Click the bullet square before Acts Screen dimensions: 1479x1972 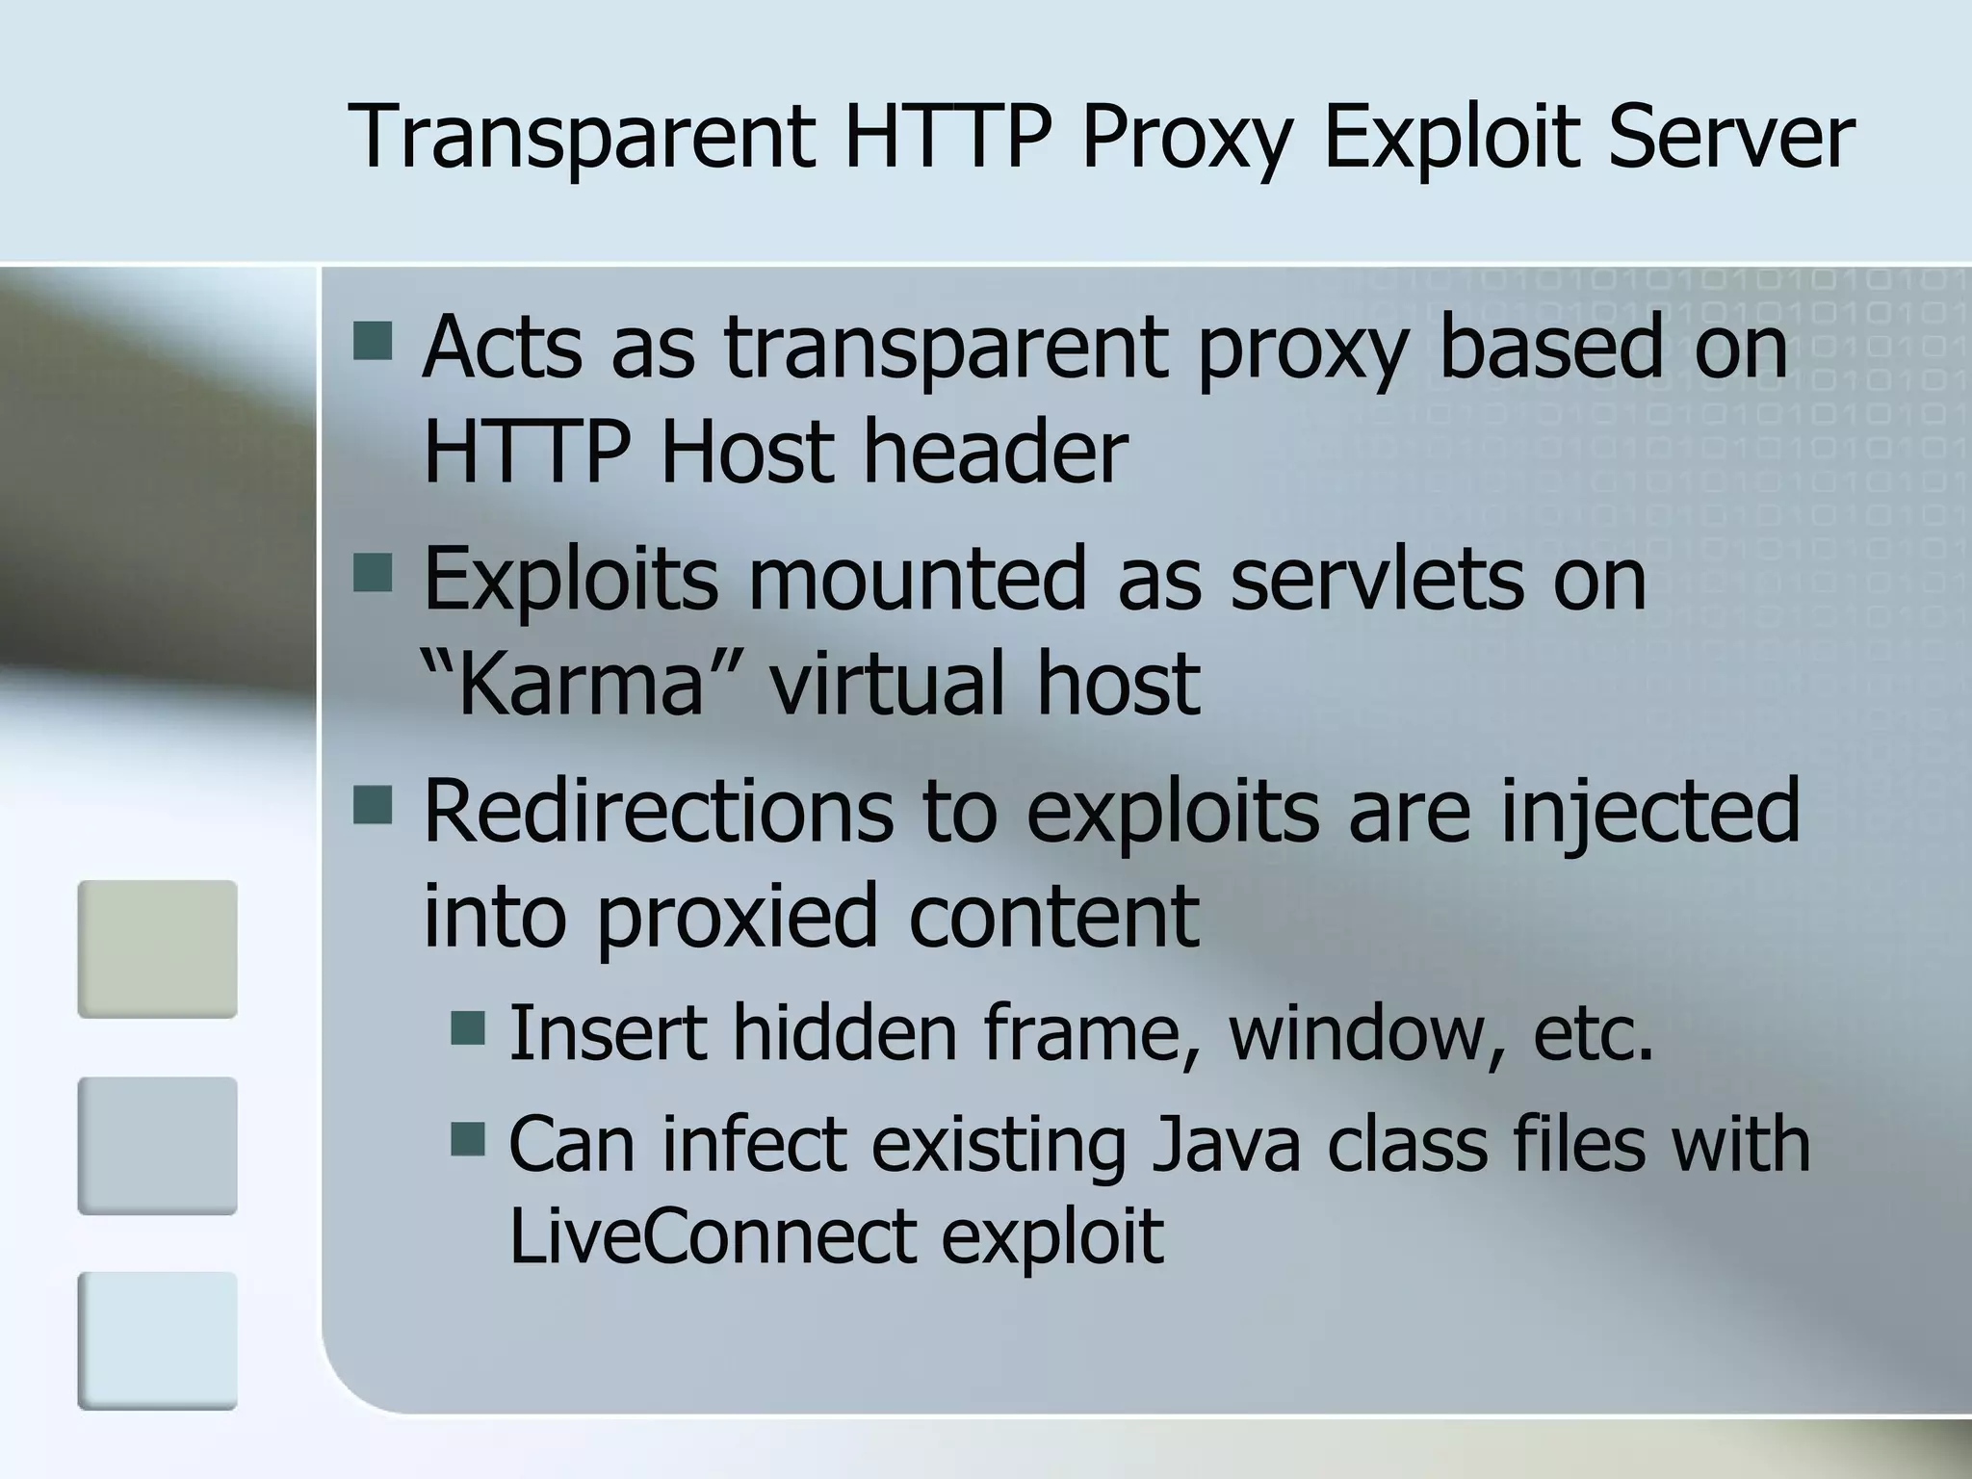[373, 341]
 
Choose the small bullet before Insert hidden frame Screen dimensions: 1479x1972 [468, 1026]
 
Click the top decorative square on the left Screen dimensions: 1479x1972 [157, 948]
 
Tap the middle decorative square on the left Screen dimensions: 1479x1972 [157, 1145]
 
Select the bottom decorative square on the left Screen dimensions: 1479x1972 [157, 1340]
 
